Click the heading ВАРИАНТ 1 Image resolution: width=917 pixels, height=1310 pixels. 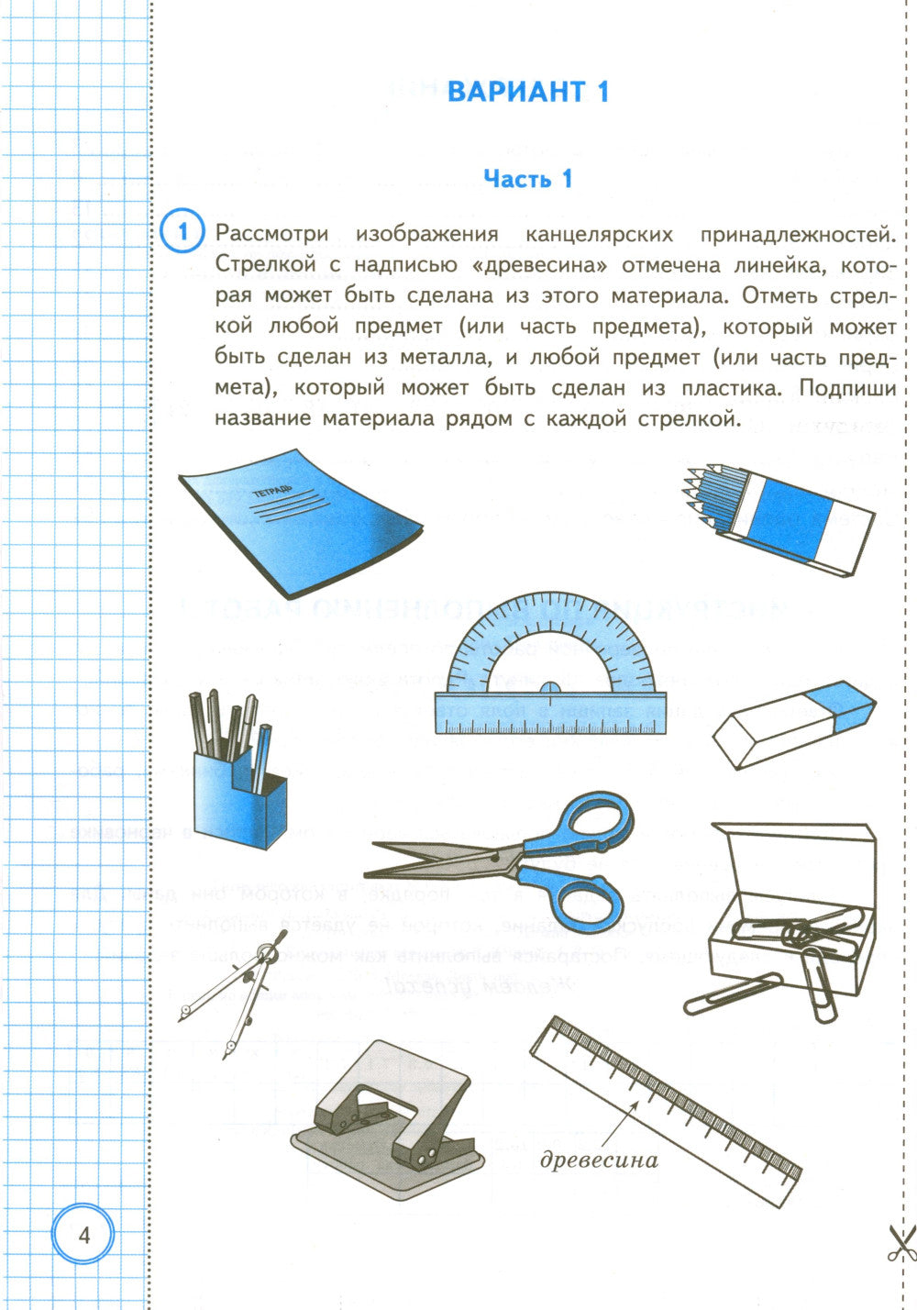point(527,92)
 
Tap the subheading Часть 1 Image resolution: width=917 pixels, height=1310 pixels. point(527,179)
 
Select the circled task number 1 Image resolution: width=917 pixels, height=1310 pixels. point(182,232)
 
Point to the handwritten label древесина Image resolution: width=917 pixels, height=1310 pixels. point(599,1160)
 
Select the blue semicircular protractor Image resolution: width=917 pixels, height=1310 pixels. point(550,679)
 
